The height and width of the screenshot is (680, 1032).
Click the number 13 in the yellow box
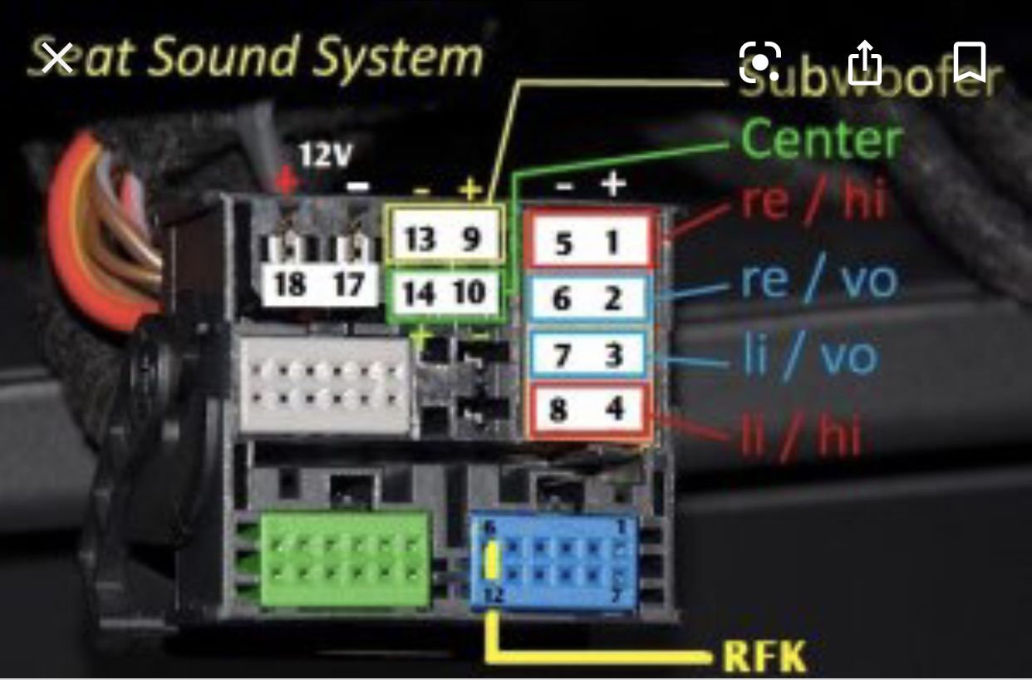click(x=420, y=239)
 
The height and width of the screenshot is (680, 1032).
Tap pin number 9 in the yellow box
click(x=471, y=239)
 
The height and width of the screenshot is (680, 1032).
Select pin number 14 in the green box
click(x=418, y=293)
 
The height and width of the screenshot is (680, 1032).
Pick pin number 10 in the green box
click(x=470, y=293)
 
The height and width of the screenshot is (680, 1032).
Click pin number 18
click(x=288, y=285)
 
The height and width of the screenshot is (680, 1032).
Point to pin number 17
click(x=348, y=285)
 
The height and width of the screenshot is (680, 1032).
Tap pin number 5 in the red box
click(x=563, y=244)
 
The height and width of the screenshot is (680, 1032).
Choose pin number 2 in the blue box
click(x=613, y=298)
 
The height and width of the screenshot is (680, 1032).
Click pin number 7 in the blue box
click(x=562, y=356)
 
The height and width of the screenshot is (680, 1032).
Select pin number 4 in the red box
click(x=614, y=410)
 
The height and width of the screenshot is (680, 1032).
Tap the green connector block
click(x=345, y=557)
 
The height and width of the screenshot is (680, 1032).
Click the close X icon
click(x=57, y=60)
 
